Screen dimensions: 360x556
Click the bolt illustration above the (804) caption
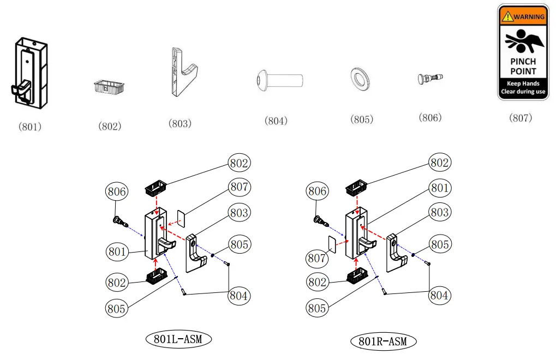point(279,81)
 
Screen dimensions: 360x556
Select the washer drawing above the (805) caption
point(360,79)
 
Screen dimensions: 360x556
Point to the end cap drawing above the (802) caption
point(109,87)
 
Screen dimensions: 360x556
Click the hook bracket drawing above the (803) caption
point(182,71)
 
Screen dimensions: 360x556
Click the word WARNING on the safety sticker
point(528,16)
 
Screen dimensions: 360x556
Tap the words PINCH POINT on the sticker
point(523,67)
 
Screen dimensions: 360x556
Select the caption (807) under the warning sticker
point(520,118)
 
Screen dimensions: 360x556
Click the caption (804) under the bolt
point(276,121)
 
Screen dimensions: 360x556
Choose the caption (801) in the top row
point(30,127)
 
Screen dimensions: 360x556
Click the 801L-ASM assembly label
point(178,339)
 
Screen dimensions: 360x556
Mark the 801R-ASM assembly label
point(382,342)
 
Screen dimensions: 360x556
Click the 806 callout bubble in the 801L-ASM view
point(117,191)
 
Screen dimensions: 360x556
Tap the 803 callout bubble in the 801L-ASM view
point(239,213)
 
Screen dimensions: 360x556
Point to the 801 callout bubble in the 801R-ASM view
point(439,189)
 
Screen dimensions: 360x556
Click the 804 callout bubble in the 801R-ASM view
point(439,295)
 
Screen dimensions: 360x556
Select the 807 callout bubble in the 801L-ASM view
point(239,187)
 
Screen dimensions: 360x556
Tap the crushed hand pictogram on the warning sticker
point(522,41)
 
